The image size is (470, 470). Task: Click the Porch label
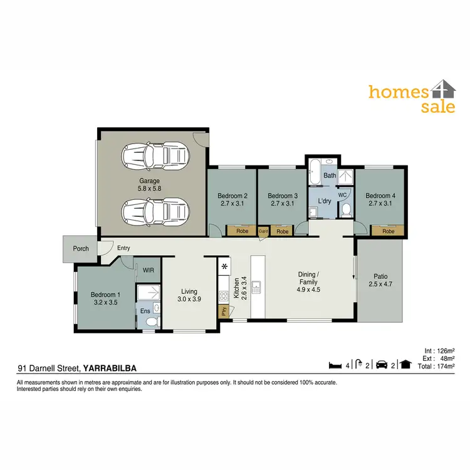click(81, 249)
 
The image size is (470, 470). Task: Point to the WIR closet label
click(149, 270)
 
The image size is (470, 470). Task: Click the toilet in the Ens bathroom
click(150, 321)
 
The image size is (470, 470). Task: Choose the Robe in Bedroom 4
click(389, 231)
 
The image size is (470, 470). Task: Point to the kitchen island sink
click(256, 288)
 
